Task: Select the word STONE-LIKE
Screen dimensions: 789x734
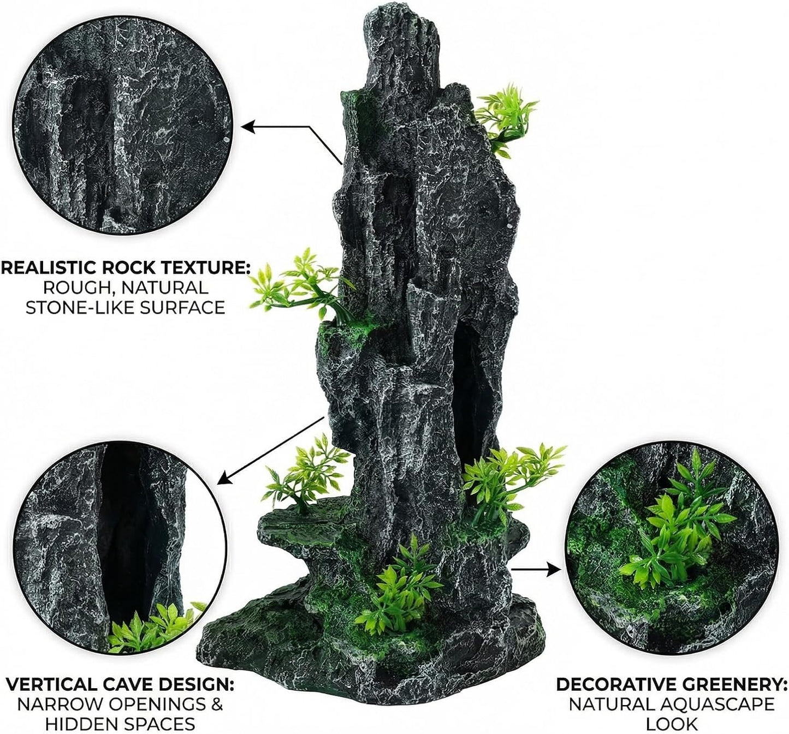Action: click(x=75, y=307)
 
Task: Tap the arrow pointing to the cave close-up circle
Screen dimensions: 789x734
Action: click(x=271, y=450)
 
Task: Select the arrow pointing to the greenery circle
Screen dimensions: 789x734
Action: click(x=536, y=570)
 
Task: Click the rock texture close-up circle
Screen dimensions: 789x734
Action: click(x=122, y=126)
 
